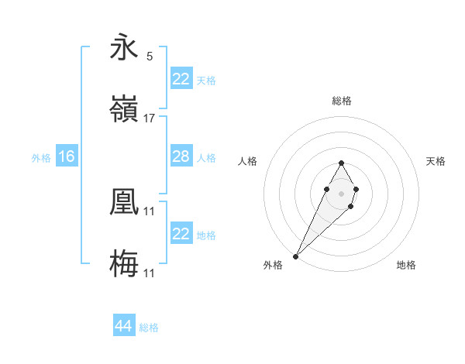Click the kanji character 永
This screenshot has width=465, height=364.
(x=124, y=48)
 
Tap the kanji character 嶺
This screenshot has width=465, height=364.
(x=124, y=109)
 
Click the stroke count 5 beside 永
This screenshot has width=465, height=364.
(x=150, y=56)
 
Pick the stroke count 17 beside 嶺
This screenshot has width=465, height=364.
(x=150, y=118)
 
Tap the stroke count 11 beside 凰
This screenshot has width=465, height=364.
(x=150, y=211)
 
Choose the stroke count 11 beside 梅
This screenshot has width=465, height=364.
(x=150, y=273)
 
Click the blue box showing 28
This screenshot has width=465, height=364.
(x=181, y=156)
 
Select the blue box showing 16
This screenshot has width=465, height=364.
(x=66, y=156)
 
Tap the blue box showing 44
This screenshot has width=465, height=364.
(x=123, y=327)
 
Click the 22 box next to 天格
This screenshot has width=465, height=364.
(x=181, y=79)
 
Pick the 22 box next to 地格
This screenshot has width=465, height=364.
(x=181, y=234)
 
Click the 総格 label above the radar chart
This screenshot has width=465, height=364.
(x=341, y=101)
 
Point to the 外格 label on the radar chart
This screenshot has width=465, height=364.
(x=273, y=265)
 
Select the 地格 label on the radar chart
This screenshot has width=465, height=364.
(x=406, y=265)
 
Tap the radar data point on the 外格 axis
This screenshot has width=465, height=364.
(x=296, y=256)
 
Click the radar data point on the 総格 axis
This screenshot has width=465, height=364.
(x=341, y=163)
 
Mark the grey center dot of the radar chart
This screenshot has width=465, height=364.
(x=341, y=192)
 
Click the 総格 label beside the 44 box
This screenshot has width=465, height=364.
(x=149, y=328)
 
